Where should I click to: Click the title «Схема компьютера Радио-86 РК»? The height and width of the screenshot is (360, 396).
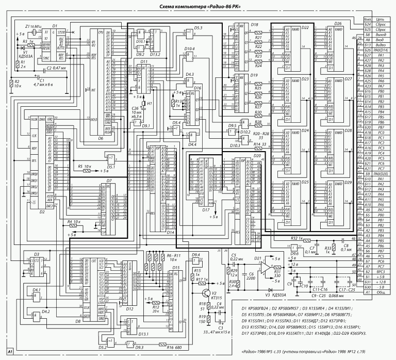click(x=198, y=5)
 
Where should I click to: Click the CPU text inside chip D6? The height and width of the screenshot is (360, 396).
click(x=102, y=32)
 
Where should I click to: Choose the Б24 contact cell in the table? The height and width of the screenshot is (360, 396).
click(x=368, y=24)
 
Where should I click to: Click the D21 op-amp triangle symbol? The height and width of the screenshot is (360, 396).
click(x=266, y=267)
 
